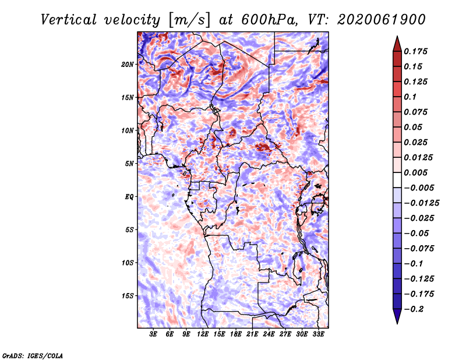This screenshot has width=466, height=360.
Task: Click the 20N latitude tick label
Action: pyautogui.click(x=128, y=64)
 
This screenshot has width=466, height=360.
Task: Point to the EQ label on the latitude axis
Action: pyautogui.click(x=129, y=196)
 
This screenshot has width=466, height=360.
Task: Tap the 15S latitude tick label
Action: pyautogui.click(x=128, y=296)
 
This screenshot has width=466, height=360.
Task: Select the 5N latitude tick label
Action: pyautogui.click(x=129, y=164)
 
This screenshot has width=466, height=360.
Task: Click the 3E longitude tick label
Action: pyautogui.click(x=153, y=334)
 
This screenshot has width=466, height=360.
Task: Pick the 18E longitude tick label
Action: pyautogui.click(x=236, y=334)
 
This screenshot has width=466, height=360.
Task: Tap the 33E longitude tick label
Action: pyautogui.click(x=318, y=334)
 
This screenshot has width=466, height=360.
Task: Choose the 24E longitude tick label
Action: pyautogui.click(x=269, y=334)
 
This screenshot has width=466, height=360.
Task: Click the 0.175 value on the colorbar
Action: pyautogui.click(x=415, y=51)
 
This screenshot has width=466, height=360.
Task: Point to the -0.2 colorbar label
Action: pyautogui.click(x=414, y=309)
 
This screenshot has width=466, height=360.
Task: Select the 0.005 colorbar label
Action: pyautogui.click(x=415, y=172)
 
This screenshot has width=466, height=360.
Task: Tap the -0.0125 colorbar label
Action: pyautogui.click(x=421, y=203)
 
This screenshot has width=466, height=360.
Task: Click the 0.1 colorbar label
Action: pyautogui.click(x=410, y=97)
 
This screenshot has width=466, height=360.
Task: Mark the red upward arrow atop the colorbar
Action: pyautogui.click(x=397, y=44)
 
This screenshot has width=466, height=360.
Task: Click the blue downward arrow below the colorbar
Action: pyautogui.click(x=397, y=316)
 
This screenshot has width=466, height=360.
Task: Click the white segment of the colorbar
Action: pyautogui.click(x=397, y=180)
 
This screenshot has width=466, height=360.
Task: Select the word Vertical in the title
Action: pyautogui.click(x=69, y=20)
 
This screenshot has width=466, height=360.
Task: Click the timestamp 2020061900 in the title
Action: pyautogui.click(x=382, y=20)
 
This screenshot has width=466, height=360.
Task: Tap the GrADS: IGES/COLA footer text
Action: pyautogui.click(x=33, y=355)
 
